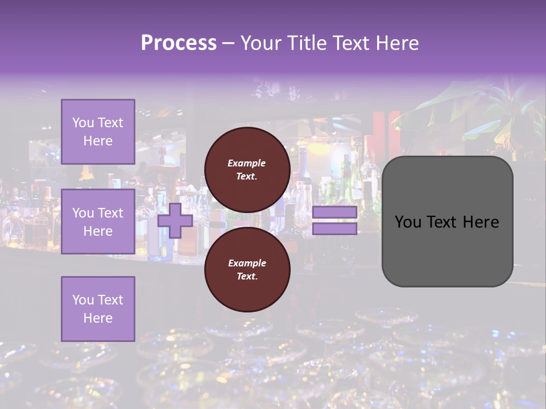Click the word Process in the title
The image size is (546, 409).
(x=179, y=43)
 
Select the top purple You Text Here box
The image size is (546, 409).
(x=98, y=132)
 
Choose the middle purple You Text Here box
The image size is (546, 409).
(x=98, y=222)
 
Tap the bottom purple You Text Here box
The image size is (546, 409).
(x=98, y=308)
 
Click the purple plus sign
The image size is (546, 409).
(x=175, y=220)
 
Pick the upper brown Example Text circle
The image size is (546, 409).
(x=247, y=170)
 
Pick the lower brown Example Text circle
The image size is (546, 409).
(x=247, y=270)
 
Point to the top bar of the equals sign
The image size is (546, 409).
(x=334, y=212)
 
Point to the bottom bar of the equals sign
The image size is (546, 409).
(x=334, y=228)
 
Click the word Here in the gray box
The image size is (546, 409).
(x=481, y=222)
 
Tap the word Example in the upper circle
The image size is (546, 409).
(x=247, y=163)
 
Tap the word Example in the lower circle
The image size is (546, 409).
(x=247, y=263)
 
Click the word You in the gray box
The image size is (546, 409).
(x=408, y=222)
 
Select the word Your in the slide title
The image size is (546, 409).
(x=260, y=43)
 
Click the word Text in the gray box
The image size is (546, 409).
(x=442, y=222)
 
